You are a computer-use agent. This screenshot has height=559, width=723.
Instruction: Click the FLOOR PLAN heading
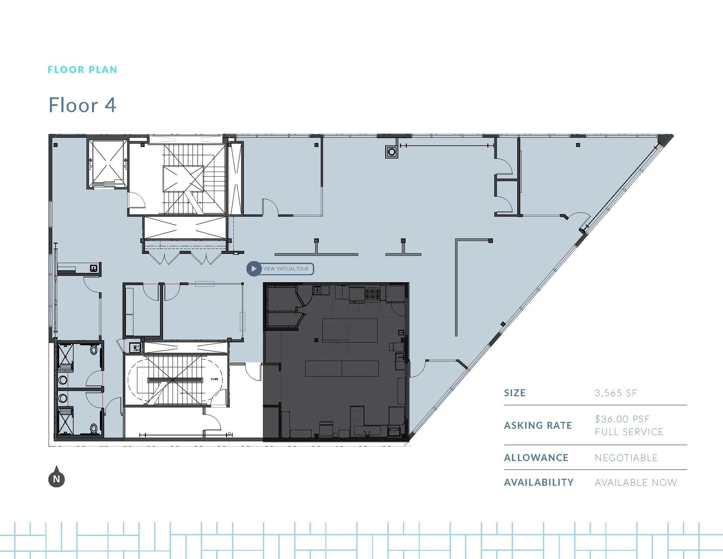coord(82,70)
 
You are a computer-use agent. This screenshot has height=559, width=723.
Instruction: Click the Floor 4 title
coord(82,105)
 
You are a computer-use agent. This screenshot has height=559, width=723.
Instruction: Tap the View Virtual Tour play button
coord(253,269)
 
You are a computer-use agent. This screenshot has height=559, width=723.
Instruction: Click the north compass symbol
coord(56,477)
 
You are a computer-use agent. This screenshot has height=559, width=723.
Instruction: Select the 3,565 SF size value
coord(616,393)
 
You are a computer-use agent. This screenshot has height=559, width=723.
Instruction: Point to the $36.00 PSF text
coord(622,419)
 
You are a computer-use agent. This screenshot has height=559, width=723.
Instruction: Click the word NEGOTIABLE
coord(626,458)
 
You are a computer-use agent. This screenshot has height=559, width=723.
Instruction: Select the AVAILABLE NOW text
coord(635,482)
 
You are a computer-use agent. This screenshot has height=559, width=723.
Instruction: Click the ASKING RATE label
coord(538,426)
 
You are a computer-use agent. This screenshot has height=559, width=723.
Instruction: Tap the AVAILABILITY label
coord(539,482)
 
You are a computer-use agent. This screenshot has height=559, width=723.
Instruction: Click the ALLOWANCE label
coord(536,458)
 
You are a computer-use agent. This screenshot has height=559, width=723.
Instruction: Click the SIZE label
coord(515,393)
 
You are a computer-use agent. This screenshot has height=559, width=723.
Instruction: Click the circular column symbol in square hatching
coord(392,152)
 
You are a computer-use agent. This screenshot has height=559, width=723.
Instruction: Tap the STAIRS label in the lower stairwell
coord(214,379)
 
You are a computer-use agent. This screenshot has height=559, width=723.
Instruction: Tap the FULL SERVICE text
coord(629,432)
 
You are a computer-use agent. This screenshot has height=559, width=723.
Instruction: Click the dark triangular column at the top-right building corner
coord(667,139)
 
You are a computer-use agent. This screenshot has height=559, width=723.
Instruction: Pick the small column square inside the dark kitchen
coord(316,340)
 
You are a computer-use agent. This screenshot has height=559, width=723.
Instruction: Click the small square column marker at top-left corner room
coord(55,145)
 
